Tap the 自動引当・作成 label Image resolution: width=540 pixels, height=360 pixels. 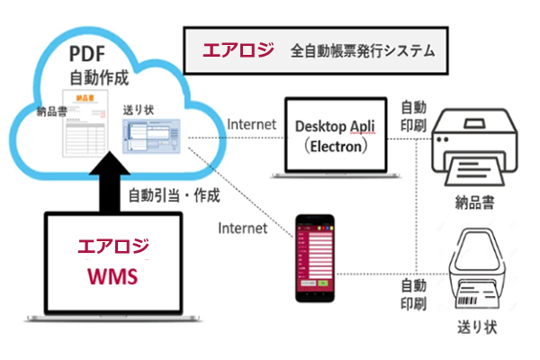click(x=175, y=194)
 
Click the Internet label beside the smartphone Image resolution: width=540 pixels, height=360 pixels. click(x=243, y=228)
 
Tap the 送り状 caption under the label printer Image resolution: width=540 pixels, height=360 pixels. click(x=475, y=323)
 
